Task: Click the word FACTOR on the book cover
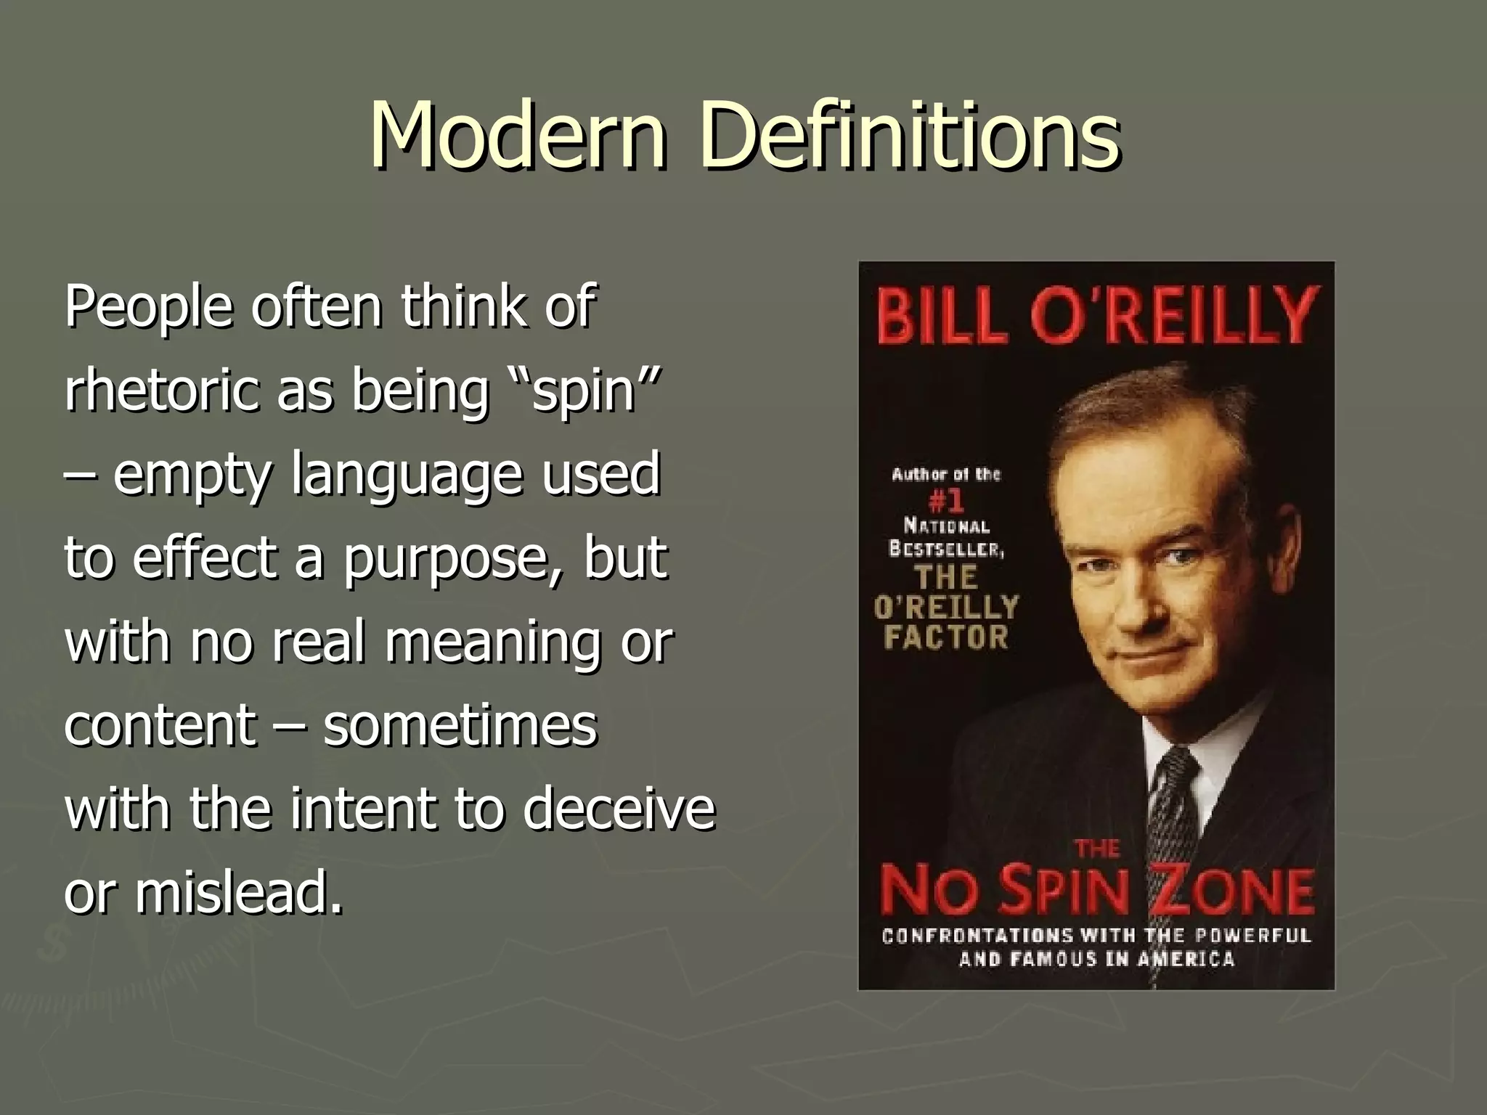click(x=946, y=637)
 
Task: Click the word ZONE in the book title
click(x=1234, y=892)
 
